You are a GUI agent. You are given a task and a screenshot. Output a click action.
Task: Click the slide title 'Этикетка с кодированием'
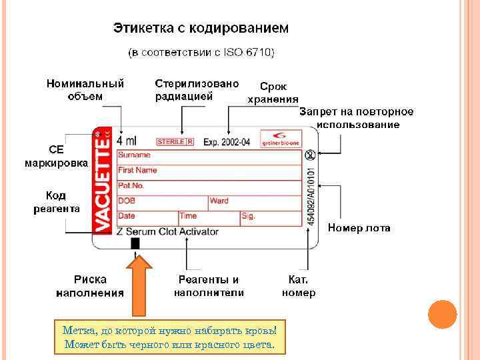[201, 29]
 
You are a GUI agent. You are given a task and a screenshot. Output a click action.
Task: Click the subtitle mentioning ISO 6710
[201, 52]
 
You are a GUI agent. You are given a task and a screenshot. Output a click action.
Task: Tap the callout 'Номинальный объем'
[85, 89]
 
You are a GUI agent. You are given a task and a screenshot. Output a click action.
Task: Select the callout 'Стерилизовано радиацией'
[197, 89]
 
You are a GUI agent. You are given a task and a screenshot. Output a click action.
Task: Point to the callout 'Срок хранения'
[273, 93]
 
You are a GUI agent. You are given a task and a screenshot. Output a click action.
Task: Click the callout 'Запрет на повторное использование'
[357, 117]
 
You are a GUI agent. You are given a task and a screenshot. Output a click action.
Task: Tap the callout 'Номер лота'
[359, 228]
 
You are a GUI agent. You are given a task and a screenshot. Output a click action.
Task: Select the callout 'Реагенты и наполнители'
[209, 286]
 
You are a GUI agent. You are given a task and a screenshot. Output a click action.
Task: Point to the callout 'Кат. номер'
[299, 286]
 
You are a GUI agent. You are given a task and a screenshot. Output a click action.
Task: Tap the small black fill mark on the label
[135, 243]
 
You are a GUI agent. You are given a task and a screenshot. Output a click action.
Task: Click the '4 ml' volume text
[126, 141]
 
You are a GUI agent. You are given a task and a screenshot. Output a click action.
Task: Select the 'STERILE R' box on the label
[175, 142]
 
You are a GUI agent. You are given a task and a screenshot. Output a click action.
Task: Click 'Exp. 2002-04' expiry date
[227, 142]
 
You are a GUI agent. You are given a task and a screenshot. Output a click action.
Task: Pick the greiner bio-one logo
[280, 137]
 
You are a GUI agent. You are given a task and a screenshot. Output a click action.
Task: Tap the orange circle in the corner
[442, 315]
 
